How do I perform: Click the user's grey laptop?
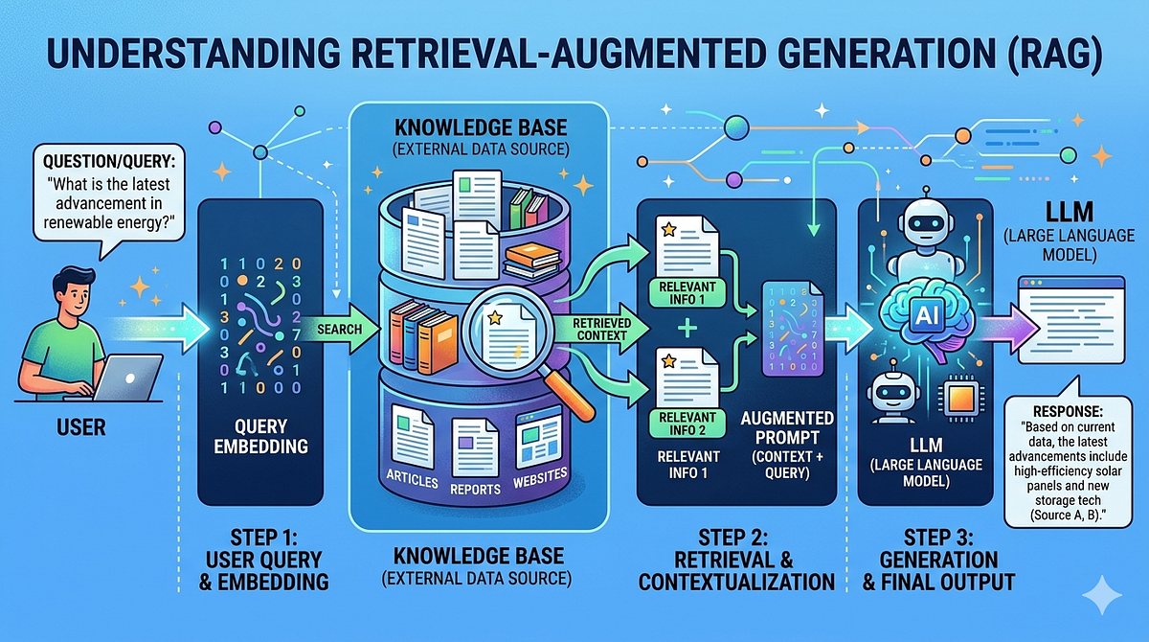[127, 378]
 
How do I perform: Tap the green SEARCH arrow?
[340, 329]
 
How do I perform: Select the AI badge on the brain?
[927, 314]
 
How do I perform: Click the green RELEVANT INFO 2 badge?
[687, 424]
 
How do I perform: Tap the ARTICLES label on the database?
[412, 479]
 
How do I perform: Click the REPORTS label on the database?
[475, 489]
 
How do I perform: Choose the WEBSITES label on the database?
[540, 478]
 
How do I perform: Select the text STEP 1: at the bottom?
[263, 538]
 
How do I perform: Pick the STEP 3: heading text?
[938, 538]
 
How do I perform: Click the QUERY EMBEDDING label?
[261, 436]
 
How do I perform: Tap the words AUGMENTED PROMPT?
[787, 427]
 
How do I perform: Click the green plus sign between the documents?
[687, 329]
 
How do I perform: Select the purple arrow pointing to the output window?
[1006, 328]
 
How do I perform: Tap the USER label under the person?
[81, 427]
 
